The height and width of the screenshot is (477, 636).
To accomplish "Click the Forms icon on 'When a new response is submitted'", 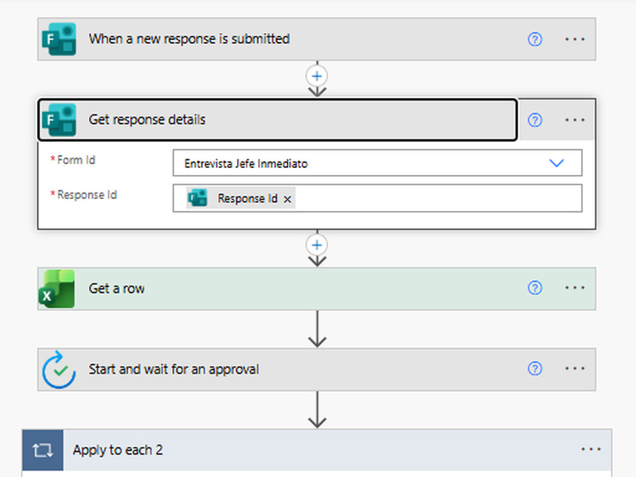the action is pos(59,39).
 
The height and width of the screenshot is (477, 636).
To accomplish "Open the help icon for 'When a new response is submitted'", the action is pos(535,39).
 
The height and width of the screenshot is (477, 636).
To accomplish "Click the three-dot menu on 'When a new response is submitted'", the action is pos(575,39).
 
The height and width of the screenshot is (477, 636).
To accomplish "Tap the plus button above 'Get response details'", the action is pos(317,76).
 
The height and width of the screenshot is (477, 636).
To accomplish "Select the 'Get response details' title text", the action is pos(147,120).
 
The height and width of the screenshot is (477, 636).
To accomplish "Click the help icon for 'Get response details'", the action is pos(535,120).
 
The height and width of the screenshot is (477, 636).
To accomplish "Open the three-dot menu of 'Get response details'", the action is pos(575,120).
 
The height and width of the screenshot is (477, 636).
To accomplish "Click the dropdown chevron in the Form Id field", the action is pos(556,163).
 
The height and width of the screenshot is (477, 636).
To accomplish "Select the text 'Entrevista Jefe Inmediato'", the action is pos(245,163).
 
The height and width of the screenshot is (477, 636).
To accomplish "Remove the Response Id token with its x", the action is pos(287,199).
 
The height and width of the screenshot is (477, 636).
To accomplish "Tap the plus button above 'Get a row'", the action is pos(317,245).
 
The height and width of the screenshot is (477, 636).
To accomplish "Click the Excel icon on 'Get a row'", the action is pos(57,289).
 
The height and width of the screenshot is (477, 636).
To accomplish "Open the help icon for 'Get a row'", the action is pos(535,288).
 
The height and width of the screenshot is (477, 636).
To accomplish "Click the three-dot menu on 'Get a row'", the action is pos(575,288).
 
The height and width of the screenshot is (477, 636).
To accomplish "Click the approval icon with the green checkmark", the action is pos(59,370).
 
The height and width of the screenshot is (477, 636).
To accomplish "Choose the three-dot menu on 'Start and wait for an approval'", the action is pos(575,369).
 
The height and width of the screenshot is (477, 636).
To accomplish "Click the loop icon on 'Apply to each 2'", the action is pos(43,450).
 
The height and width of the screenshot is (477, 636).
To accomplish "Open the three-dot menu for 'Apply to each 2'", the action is pos(591,450).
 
